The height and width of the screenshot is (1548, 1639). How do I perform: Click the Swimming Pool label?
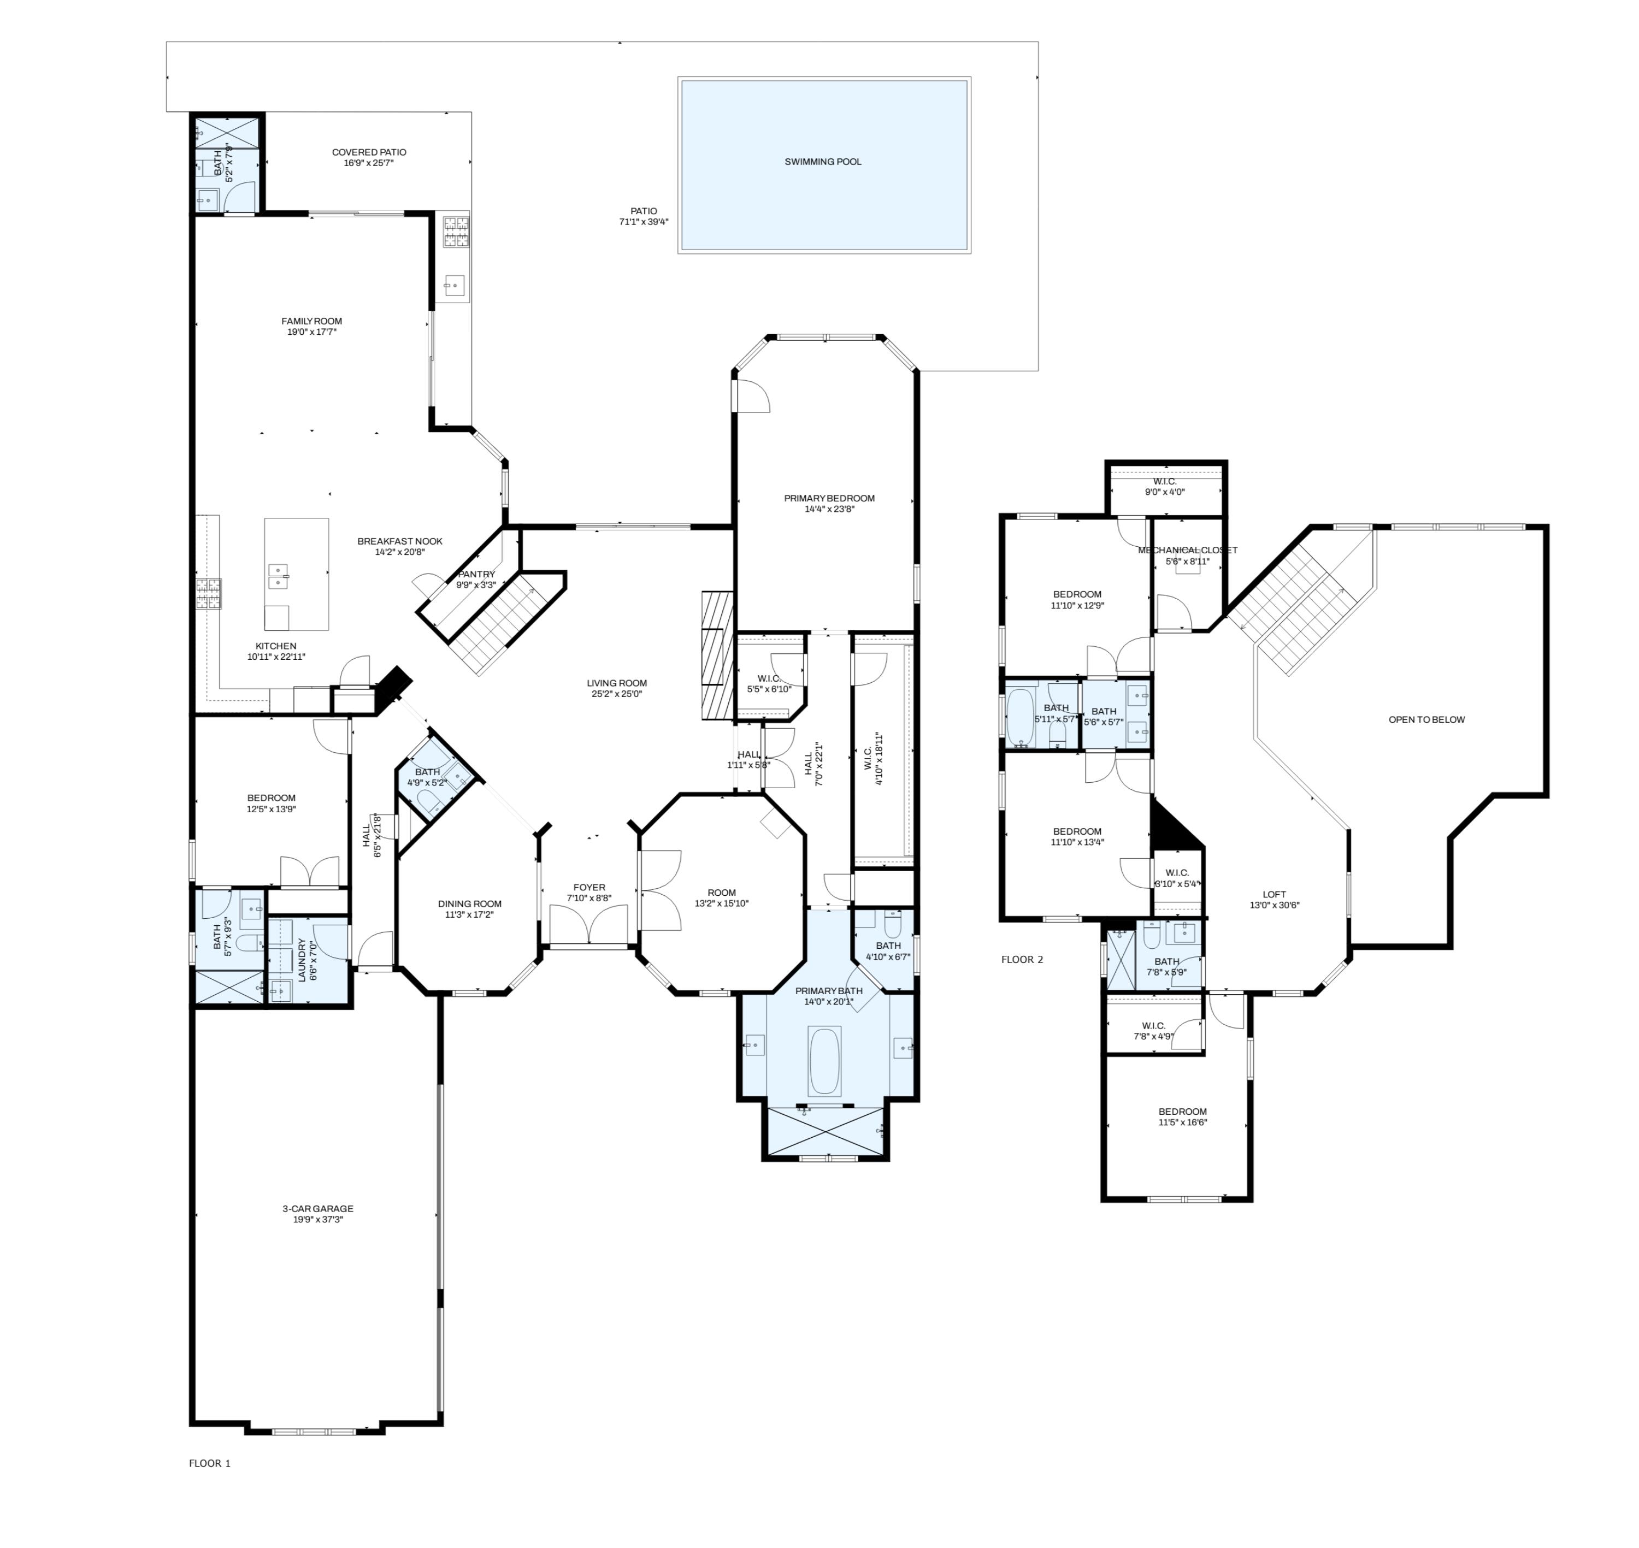pyautogui.click(x=822, y=162)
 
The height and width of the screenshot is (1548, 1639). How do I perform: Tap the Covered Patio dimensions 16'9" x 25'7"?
pyautogui.click(x=368, y=163)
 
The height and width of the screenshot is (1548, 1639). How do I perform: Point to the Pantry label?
pyautogui.click(x=476, y=574)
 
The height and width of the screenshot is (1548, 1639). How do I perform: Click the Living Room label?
pyautogui.click(x=616, y=683)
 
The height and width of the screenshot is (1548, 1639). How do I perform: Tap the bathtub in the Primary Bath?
pyautogui.click(x=824, y=1061)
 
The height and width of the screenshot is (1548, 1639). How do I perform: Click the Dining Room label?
pyautogui.click(x=470, y=903)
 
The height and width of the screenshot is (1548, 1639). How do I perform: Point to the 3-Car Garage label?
pyautogui.click(x=318, y=1209)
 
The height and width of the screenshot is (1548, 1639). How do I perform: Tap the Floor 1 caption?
pyautogui.click(x=210, y=1463)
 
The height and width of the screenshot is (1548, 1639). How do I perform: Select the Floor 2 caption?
pyautogui.click(x=1022, y=960)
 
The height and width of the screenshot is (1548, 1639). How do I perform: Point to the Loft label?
pyautogui.click(x=1274, y=895)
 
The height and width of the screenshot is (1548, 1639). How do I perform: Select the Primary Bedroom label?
pyautogui.click(x=829, y=498)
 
